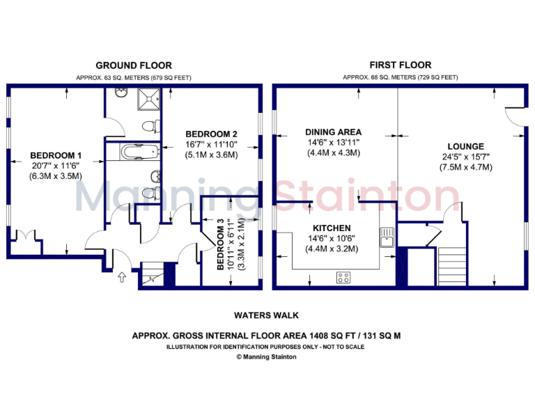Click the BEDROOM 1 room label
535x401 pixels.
(56, 155)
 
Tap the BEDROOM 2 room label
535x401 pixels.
(212, 134)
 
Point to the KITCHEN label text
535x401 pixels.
(331, 228)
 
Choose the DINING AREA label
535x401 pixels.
(333, 132)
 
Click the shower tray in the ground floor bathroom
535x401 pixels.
(148, 101)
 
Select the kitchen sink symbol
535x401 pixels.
(387, 237)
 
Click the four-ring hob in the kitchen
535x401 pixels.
(343, 278)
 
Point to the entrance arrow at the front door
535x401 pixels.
(122, 278)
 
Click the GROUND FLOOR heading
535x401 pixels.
(133, 65)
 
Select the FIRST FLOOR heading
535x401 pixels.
(400, 65)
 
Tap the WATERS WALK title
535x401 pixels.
(267, 315)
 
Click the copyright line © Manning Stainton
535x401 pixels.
(267, 356)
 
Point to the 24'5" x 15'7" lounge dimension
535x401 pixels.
(465, 157)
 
